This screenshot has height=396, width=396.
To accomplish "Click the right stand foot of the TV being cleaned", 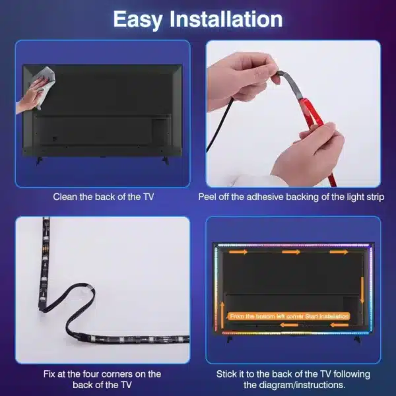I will pos(164,160).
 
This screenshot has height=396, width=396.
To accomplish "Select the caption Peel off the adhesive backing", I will pos(290,197).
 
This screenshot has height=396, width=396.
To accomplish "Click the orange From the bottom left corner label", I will pos(288,316).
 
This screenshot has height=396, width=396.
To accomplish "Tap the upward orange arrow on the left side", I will pos(222,310).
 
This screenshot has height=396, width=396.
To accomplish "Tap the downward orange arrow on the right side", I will pos(362,284).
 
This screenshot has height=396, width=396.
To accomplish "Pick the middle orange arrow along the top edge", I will pos(290,251).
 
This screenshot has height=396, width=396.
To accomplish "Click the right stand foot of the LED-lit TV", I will pos(357,338).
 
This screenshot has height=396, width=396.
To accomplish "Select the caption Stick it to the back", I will pos(293,379).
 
